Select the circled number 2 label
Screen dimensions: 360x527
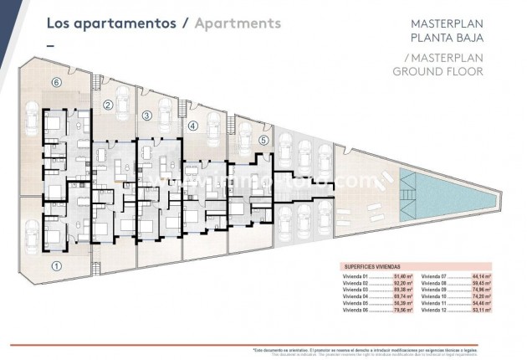109,105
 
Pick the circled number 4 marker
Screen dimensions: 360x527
192,126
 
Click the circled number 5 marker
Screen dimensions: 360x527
263,140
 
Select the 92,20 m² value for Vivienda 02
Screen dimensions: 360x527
398,282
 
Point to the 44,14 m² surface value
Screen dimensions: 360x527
480,275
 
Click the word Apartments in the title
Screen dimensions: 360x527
238,23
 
